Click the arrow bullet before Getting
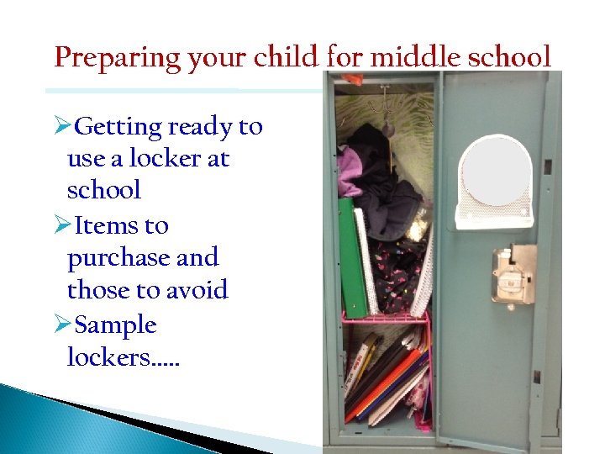click(60, 127)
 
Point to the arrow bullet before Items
click(60, 226)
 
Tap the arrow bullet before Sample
click(60, 325)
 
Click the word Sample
click(115, 325)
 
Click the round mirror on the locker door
click(497, 172)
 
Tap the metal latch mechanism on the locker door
click(511, 272)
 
